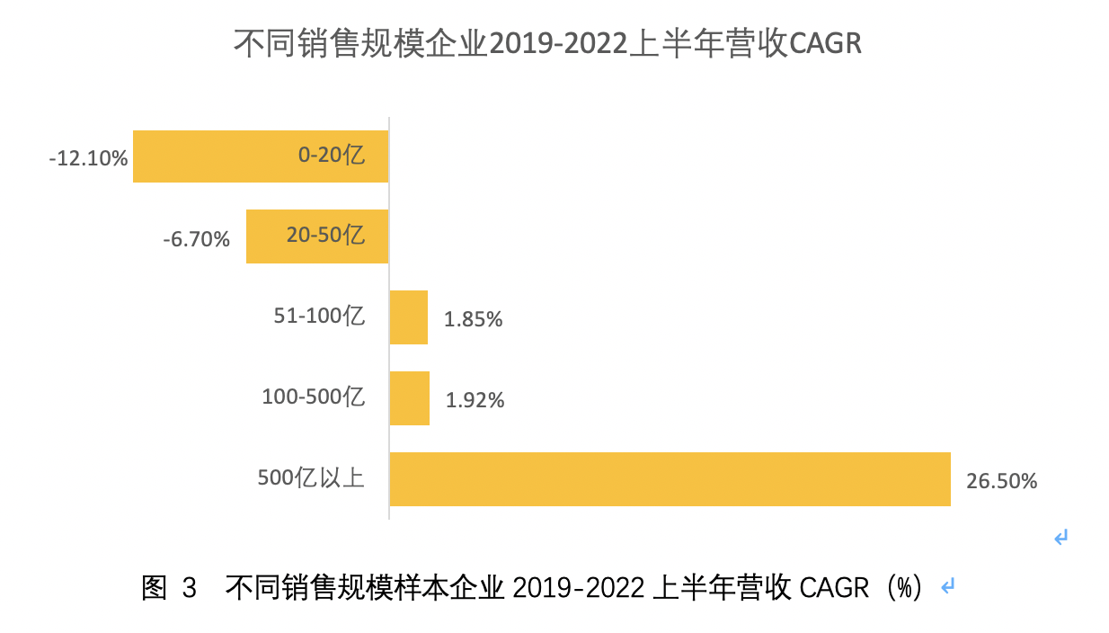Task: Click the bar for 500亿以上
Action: [670, 479]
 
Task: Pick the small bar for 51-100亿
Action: [408, 317]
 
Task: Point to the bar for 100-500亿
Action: [409, 398]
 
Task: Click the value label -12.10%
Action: [88, 159]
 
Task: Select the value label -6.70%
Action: [197, 240]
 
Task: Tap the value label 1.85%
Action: [473, 319]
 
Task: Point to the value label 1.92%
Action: [475, 400]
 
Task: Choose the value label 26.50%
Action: [1002, 481]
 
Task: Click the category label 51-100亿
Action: [319, 316]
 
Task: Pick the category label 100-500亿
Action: [313, 397]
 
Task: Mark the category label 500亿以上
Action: [311, 477]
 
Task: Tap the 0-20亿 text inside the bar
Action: [332, 156]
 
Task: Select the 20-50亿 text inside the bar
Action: [325, 236]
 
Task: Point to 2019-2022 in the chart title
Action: [557, 44]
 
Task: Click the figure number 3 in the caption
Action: [189, 588]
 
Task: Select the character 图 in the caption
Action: [154, 588]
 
